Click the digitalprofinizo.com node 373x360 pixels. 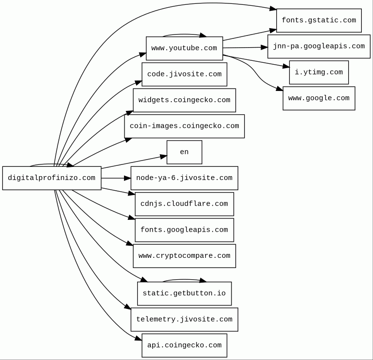[x=52, y=178]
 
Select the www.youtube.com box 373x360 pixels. [x=184, y=48]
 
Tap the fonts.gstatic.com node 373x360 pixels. [x=319, y=20]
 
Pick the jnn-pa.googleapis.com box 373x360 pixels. [x=319, y=46]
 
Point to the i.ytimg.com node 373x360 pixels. [x=319, y=72]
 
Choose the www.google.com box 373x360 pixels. [x=319, y=98]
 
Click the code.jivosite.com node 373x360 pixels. [x=184, y=74]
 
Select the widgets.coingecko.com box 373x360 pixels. [x=184, y=100]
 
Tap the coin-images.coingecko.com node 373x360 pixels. [x=184, y=126]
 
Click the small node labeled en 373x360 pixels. [x=184, y=152]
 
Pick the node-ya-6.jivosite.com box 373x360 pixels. [x=184, y=178]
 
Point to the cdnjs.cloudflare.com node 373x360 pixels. [x=184, y=204]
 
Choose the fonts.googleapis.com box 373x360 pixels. [x=184, y=230]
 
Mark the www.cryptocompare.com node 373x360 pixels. [x=184, y=256]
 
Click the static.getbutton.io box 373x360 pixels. [x=184, y=293]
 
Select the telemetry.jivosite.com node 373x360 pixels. [x=184, y=320]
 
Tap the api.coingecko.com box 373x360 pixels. [x=184, y=345]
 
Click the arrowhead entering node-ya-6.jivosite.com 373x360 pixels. [x=127, y=178]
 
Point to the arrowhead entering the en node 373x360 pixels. [x=163, y=157]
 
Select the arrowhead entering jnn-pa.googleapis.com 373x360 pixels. [x=265, y=47]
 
